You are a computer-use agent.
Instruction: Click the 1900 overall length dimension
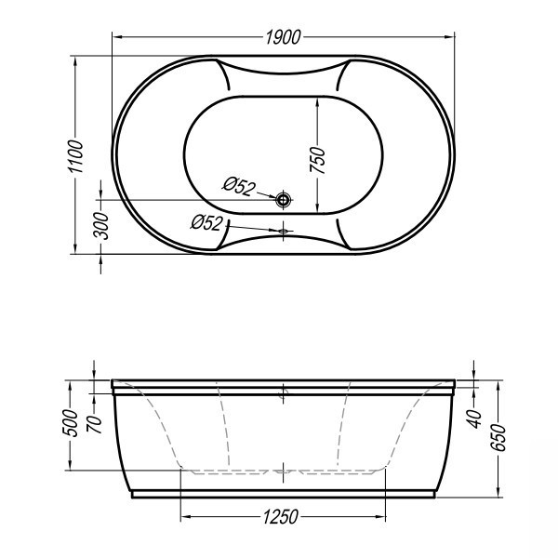[x=284, y=37]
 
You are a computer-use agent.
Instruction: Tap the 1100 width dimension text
[x=76, y=156]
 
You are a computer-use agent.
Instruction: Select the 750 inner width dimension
[x=317, y=160]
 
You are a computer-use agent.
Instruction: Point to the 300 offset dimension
[x=100, y=226]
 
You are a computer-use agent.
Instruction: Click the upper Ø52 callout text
[x=239, y=186]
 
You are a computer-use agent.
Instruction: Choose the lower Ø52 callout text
[x=206, y=223]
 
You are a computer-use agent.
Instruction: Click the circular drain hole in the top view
[x=284, y=200]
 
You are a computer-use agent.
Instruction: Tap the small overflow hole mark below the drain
[x=284, y=231]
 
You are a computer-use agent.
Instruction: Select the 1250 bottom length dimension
[x=281, y=517]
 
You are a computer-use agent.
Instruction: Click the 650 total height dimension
[x=499, y=438]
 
